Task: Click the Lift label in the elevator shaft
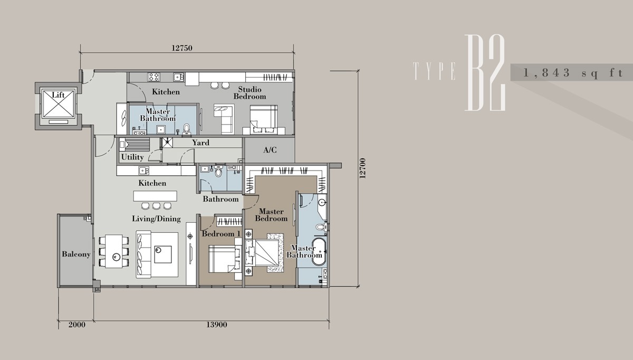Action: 58,94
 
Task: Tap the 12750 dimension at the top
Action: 182,48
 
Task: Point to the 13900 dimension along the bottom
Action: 216,325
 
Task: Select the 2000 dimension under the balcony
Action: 77,325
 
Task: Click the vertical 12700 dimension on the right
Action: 362,168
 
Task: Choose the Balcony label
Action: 76,254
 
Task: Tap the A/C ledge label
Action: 270,150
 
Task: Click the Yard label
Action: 200,143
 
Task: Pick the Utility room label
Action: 132,157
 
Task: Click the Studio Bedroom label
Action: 250,93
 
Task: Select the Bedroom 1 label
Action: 221,234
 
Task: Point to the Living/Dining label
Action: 156,219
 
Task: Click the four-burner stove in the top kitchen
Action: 154,77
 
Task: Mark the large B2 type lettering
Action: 485,73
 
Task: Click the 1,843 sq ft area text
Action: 573,73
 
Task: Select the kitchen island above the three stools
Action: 155,196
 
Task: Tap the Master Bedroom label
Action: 271,215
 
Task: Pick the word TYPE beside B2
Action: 434,71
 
